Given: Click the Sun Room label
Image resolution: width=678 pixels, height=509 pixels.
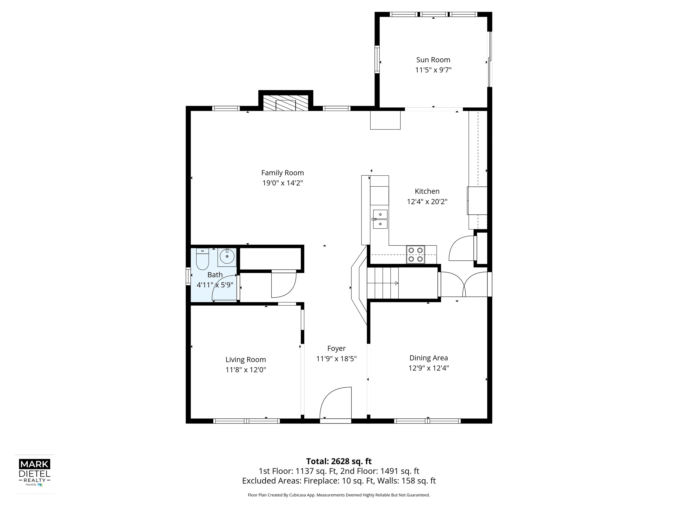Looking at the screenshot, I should pos(433,60).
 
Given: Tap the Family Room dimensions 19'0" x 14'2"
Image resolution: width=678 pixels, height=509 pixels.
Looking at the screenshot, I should pos(282,183).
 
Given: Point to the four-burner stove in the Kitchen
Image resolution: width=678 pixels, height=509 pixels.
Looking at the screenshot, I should pos(415,255).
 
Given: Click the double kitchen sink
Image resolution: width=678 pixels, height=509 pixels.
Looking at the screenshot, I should pos(380,219).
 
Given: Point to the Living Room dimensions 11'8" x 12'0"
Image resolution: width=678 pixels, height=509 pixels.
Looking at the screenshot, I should pos(245,370).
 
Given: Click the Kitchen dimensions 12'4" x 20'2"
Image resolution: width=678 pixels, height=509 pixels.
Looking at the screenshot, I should pos(427,201).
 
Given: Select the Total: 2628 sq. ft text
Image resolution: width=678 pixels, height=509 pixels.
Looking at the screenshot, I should pos(339,461).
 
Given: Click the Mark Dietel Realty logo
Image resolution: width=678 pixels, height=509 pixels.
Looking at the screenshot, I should pos(35,473).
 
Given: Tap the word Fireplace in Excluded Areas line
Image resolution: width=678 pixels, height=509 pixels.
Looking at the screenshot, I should pos(321,481).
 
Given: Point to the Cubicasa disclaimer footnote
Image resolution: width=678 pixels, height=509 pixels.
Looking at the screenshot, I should pos(339,495).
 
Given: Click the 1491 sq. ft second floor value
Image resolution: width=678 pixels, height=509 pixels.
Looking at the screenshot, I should pos(399,471).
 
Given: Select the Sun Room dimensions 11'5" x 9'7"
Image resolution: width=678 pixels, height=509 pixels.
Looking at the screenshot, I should pos(433,70).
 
